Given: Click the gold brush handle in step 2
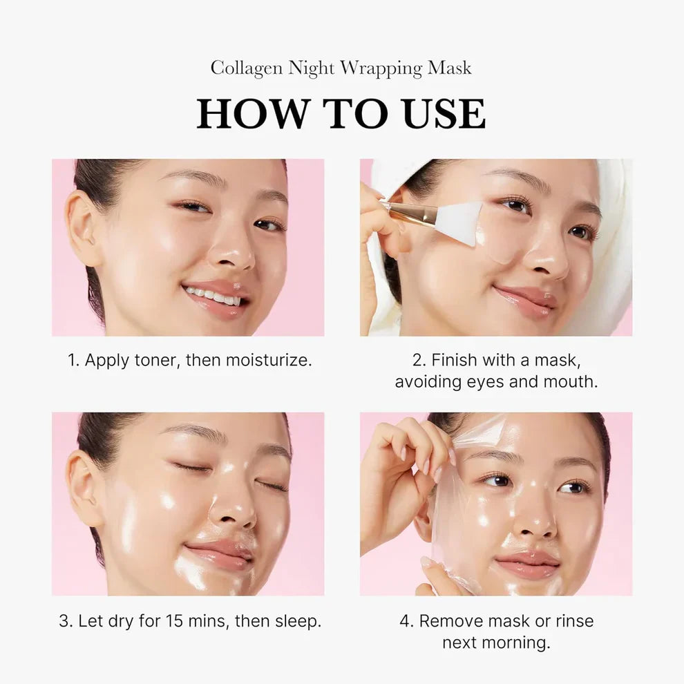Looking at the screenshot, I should (413, 213).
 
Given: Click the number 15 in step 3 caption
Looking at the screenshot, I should (175, 620).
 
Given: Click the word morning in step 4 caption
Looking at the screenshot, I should (515, 643).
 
